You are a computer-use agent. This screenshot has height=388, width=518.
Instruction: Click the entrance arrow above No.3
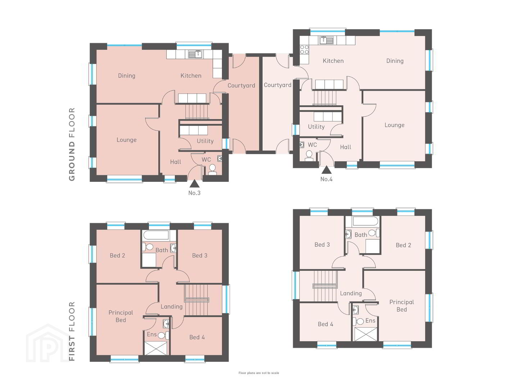point(194,184)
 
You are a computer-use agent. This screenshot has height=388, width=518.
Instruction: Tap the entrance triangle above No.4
point(326,170)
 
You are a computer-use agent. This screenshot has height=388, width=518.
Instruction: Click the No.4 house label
point(326,179)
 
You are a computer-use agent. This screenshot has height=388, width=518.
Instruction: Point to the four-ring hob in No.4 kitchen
point(304,50)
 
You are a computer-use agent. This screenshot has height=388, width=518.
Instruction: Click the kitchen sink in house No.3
point(195,54)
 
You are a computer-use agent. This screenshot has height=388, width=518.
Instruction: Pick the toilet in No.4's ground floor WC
point(309,156)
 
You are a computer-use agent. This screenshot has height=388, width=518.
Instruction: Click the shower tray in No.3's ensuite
point(155,348)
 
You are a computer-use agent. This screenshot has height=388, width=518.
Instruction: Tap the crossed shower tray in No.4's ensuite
point(364,334)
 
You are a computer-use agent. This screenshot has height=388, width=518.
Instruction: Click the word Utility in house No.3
point(205,141)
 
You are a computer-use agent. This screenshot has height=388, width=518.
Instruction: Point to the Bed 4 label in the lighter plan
point(326,324)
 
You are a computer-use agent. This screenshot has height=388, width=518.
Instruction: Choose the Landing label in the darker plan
point(172,306)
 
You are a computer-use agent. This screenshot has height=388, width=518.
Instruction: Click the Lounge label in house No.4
point(394,125)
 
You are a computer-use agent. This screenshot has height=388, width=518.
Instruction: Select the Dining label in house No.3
point(127,75)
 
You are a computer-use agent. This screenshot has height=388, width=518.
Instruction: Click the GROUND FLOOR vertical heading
point(72,144)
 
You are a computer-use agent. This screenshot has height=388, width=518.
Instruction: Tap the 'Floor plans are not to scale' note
point(259,373)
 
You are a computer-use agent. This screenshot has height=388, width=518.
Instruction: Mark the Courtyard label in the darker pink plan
point(241,86)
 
